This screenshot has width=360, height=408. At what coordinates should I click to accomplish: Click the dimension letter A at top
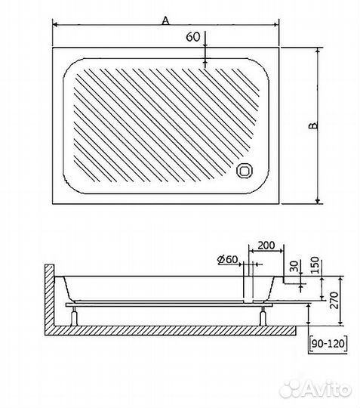[x=165, y=20]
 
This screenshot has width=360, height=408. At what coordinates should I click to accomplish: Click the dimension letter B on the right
[x=313, y=125]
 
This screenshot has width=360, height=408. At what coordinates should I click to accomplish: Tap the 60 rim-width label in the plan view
[x=193, y=37]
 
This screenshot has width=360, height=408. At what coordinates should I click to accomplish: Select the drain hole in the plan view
[x=245, y=171]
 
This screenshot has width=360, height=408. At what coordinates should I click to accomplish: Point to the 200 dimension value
[x=266, y=245]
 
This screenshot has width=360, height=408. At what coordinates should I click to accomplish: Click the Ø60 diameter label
[x=227, y=259]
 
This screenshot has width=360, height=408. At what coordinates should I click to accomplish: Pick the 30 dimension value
[x=294, y=266]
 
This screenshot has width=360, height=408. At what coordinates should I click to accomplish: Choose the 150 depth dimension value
[x=314, y=265]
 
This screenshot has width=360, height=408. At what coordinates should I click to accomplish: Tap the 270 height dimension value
[x=334, y=300]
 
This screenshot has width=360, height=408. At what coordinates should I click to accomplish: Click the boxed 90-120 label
[x=328, y=344]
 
